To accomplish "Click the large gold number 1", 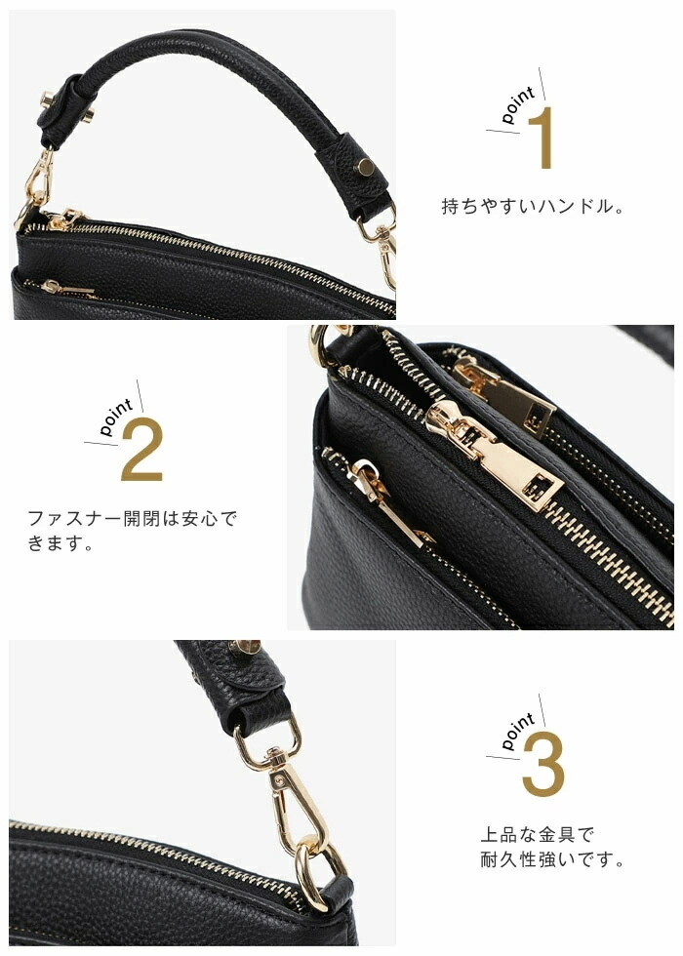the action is coord(542,138).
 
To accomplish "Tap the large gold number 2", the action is coord(141,451).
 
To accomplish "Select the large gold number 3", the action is coord(542,765).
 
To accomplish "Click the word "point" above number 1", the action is coord(518,104).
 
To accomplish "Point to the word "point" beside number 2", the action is coord(116,418).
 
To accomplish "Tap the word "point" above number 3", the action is coord(518,731).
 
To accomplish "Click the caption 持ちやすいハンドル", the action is coord(528,206).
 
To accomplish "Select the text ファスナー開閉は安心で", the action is coord(132,518).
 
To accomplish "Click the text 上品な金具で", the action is coord(538,834).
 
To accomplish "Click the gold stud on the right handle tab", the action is coord(366,167).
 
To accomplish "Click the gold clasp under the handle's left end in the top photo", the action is coord(37,184).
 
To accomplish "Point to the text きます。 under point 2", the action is coord(60,543).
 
